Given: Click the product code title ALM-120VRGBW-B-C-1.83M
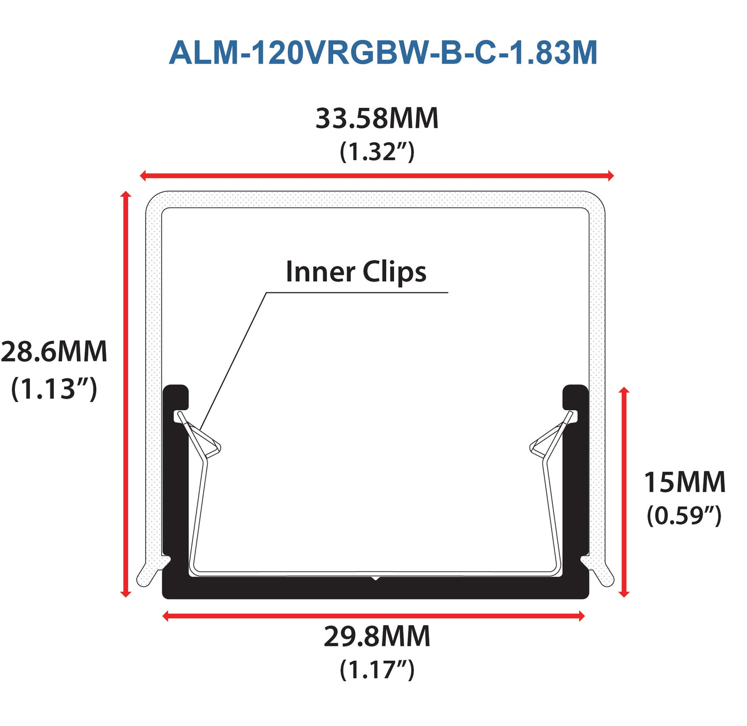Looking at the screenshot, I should tap(383, 53).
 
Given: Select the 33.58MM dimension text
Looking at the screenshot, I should tap(377, 118).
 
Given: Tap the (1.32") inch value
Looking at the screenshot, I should tap(377, 152).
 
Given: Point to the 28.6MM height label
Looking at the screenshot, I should tap(54, 352).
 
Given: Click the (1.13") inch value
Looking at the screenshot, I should tap(54, 388).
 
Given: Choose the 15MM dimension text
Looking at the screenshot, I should tap(684, 482).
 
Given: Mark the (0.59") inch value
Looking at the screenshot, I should tap(684, 515).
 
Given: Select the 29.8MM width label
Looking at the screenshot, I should tap(377, 636).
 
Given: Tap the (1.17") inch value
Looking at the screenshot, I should tap(377, 669).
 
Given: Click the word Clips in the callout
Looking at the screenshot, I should tap(395, 272).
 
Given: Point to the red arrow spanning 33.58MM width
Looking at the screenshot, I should tap(377, 176).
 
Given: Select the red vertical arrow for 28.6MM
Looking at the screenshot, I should tap(126, 394).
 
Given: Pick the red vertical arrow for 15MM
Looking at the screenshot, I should tap(624, 492).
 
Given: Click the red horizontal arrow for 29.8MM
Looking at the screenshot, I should tap(373, 616).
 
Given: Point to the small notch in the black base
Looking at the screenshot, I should tap(376, 579).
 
